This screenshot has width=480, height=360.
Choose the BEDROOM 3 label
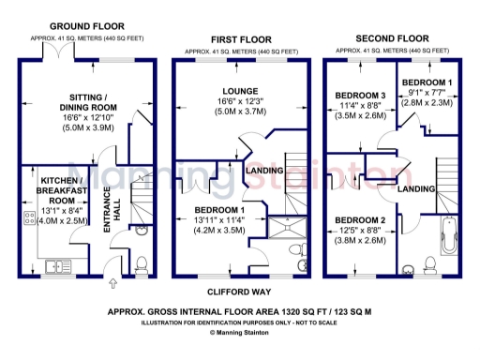[x=359, y=97]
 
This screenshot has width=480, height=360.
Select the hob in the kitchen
[x=22, y=215]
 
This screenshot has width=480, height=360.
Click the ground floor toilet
[x=142, y=262]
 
